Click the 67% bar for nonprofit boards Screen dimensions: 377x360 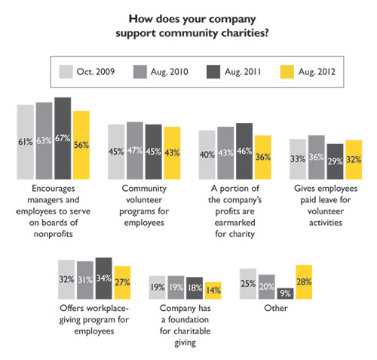[x=63, y=138]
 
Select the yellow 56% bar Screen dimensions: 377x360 [x=81, y=145]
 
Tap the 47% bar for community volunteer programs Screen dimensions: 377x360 [x=135, y=150]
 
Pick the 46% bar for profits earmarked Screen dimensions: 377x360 [x=244, y=151]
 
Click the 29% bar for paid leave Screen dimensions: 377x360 [x=335, y=162]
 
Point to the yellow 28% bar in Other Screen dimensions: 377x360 [x=304, y=282]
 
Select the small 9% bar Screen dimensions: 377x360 [x=285, y=294]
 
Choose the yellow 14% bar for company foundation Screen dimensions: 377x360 [x=213, y=291]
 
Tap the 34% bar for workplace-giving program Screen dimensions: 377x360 [x=104, y=278]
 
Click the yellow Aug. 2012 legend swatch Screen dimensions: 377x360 [x=287, y=72]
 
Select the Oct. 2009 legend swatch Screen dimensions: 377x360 [x=66, y=72]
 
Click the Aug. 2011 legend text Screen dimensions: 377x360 [x=243, y=72]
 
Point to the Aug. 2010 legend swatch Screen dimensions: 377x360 [x=140, y=72]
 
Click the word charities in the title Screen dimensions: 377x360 [x=245, y=33]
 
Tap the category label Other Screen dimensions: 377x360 [x=276, y=308]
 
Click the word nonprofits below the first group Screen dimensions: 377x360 [x=54, y=234]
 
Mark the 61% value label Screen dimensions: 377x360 [x=26, y=142]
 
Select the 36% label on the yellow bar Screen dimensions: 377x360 [x=263, y=157]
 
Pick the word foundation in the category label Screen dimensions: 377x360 [x=188, y=319]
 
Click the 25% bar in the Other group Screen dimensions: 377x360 [x=248, y=284]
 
